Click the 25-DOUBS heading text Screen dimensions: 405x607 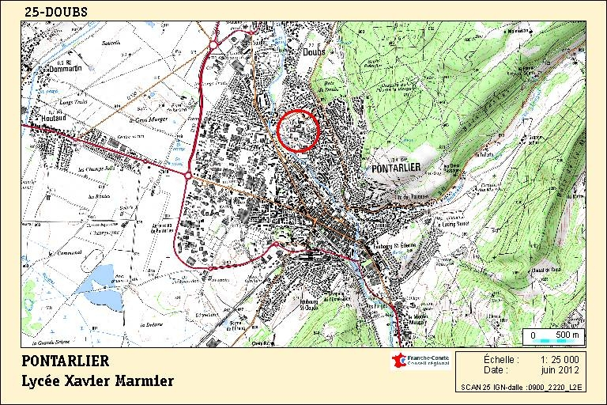click(x=56, y=12)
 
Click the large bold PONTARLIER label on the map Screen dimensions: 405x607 click(x=400, y=168)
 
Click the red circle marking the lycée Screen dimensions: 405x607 click(x=298, y=130)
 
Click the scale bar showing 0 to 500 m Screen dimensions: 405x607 click(x=553, y=336)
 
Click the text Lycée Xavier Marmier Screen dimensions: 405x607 click(x=98, y=381)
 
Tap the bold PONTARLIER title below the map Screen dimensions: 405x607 click(x=66, y=361)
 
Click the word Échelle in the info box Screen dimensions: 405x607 click(x=501, y=359)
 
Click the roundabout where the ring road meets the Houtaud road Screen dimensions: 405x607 click(x=187, y=173)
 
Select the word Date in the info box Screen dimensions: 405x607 click(x=496, y=369)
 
